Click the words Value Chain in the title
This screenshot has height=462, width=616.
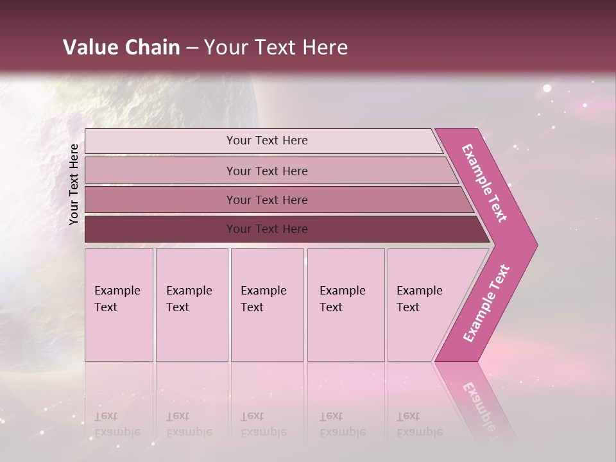(x=121, y=47)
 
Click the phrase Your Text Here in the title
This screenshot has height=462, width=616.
(x=276, y=47)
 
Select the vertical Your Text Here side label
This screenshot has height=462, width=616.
(x=74, y=184)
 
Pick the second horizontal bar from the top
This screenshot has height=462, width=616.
(x=266, y=171)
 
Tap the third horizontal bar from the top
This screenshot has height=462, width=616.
(x=266, y=200)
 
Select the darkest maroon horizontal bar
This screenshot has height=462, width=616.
(x=266, y=229)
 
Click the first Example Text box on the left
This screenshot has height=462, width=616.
(x=119, y=305)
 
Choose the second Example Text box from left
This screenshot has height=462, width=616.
(x=191, y=305)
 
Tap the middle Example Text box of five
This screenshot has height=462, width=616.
(x=267, y=305)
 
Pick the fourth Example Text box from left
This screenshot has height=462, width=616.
(x=345, y=305)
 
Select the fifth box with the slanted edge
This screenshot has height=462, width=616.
(x=424, y=305)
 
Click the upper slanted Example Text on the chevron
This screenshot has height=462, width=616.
(x=484, y=183)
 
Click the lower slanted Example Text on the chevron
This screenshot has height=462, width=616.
(x=486, y=304)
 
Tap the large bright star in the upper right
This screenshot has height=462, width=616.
(x=547, y=88)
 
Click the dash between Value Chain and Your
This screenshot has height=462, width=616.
(x=192, y=48)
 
